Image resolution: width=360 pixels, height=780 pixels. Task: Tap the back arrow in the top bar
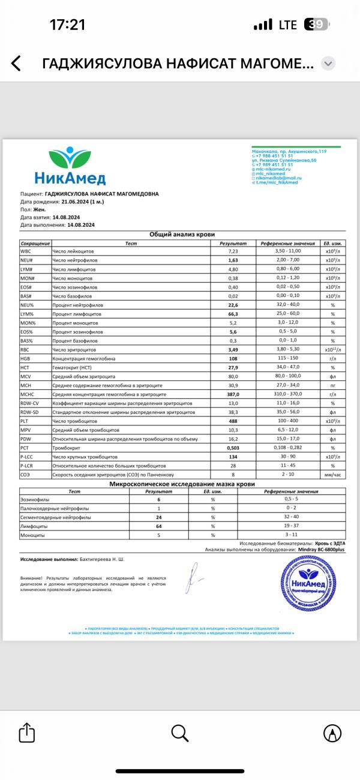[16, 64]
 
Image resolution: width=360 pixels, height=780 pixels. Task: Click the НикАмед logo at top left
[70, 167]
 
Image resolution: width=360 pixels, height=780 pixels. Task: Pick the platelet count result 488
[233, 421]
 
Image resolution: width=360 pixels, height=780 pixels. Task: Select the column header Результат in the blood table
[233, 244]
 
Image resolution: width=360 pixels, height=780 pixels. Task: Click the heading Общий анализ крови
[181, 235]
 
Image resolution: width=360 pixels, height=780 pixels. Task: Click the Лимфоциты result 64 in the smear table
[160, 526]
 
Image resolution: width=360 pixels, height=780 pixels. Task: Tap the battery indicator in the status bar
[317, 25]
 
